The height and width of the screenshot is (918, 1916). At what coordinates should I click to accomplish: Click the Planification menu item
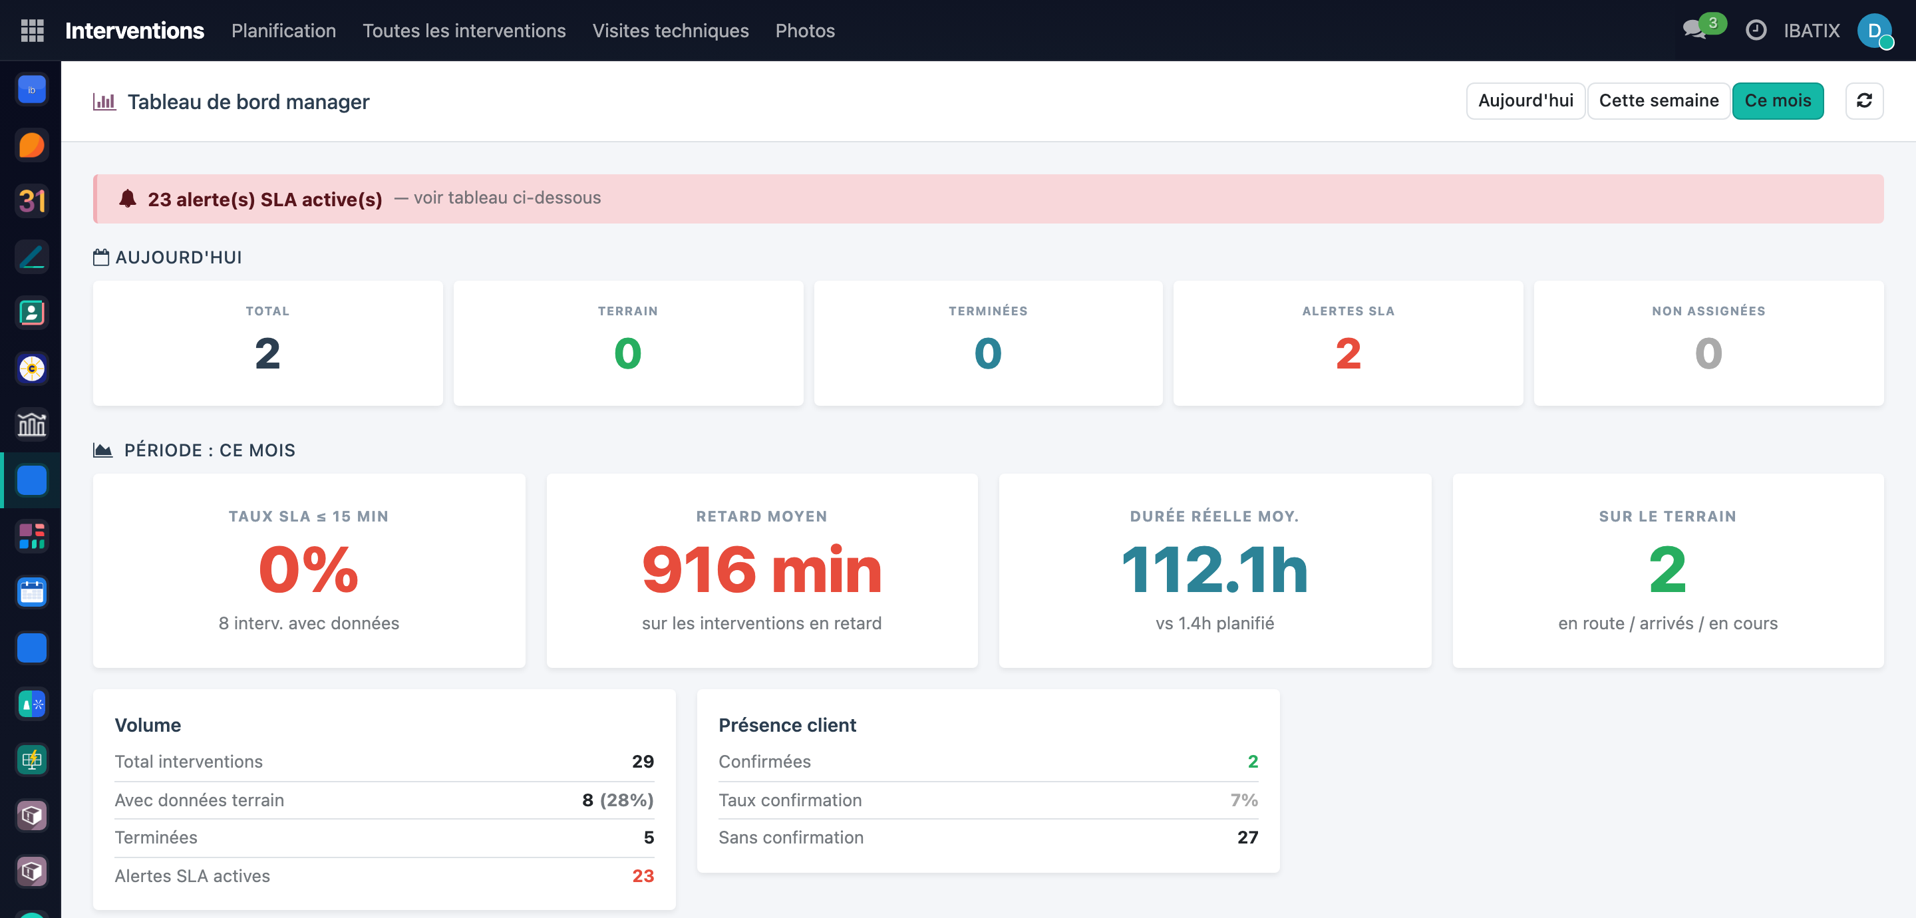click(283, 31)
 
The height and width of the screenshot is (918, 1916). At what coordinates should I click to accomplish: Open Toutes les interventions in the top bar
click(464, 31)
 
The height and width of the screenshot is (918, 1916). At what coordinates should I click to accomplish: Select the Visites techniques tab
click(670, 31)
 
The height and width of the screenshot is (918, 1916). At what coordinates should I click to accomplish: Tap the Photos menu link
click(805, 31)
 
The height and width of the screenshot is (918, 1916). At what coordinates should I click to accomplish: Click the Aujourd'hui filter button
click(1525, 100)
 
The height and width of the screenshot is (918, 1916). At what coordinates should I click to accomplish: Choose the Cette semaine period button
click(1659, 100)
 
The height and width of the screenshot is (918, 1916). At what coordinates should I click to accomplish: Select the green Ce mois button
click(1778, 100)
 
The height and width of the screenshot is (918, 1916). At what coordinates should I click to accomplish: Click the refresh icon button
click(1864, 100)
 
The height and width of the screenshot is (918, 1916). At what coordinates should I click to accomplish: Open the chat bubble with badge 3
click(1696, 30)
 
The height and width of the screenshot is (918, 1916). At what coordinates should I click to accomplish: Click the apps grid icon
click(32, 31)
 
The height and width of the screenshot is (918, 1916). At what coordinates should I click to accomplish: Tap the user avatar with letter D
click(1874, 31)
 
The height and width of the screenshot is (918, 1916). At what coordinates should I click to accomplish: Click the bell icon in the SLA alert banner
click(128, 198)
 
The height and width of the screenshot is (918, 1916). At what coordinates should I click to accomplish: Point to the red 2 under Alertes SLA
click(1348, 353)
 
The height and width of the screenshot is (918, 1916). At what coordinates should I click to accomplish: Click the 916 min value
click(762, 570)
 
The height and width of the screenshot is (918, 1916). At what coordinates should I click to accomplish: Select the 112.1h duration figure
click(1215, 570)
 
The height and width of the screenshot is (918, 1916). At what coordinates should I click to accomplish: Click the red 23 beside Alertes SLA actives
click(643, 875)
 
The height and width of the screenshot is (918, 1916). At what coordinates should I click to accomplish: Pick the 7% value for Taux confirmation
click(1243, 800)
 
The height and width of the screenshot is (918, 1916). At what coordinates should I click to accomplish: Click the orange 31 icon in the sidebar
click(32, 201)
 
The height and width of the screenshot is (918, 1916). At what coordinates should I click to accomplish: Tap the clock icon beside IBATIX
click(1756, 31)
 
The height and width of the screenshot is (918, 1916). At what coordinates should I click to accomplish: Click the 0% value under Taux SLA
click(309, 570)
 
